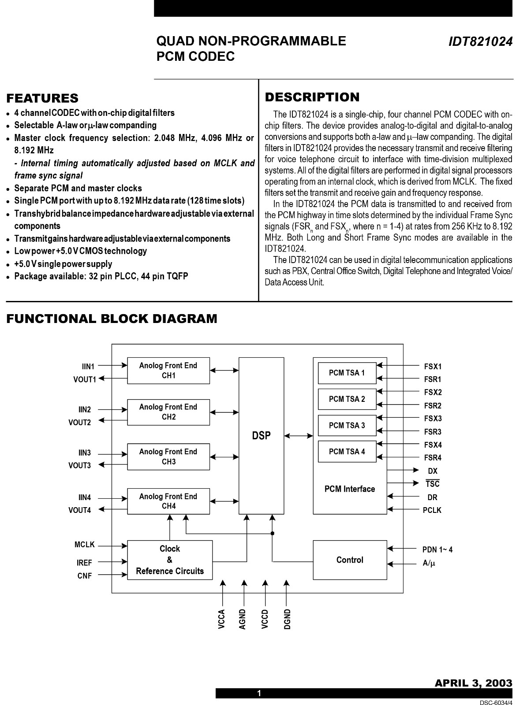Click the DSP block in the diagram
261,435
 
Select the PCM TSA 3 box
347,425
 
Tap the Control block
350,560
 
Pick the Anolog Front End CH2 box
168,412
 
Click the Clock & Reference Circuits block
170,560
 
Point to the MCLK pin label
85,545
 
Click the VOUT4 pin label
80,510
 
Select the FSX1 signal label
433,366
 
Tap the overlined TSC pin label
433,483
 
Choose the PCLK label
432,510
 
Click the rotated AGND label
243,619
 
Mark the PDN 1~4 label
437,549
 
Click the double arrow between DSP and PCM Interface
299,436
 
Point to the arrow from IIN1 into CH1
113,365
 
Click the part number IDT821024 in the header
480,42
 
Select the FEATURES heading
42,98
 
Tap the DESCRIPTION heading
312,97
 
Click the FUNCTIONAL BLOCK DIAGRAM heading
112,319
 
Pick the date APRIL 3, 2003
473,683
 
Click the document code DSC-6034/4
496,701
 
